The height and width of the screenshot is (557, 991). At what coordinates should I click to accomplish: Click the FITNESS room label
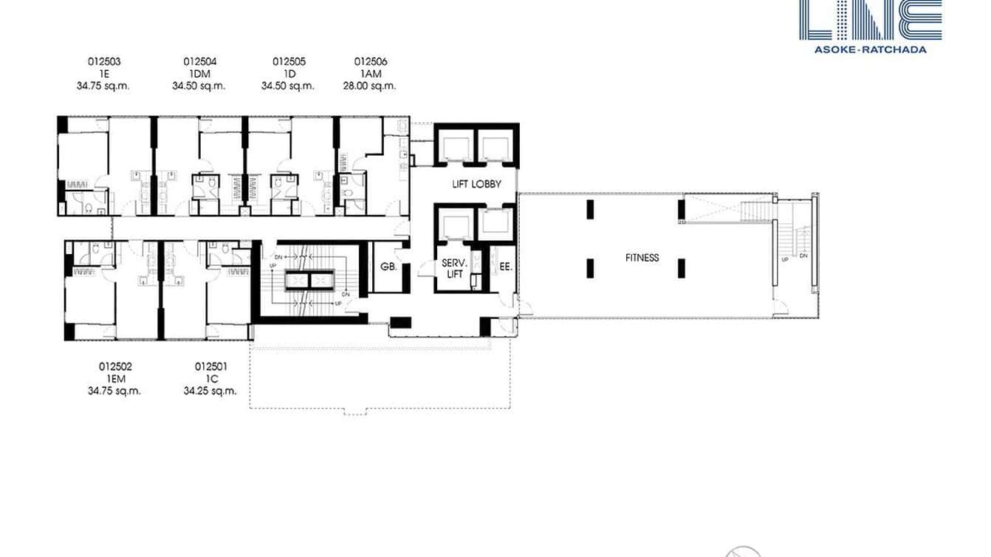pos(642,258)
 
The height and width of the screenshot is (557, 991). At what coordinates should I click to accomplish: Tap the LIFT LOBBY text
pos(476,184)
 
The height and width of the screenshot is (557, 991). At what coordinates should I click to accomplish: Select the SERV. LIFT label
pos(452,268)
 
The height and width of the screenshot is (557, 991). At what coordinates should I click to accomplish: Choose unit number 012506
pos(371,62)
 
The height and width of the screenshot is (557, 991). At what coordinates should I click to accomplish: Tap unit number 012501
pos(211,366)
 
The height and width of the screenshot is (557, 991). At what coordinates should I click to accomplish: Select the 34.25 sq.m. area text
pos(210,391)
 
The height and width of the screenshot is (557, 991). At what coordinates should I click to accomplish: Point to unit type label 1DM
pos(199,74)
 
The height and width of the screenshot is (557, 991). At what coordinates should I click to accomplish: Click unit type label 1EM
pos(115,378)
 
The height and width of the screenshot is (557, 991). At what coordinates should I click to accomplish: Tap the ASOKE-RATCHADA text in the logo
pos(870,49)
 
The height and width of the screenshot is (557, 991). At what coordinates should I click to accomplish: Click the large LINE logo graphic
pos(870,19)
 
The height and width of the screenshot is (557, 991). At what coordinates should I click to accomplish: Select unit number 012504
pos(199,62)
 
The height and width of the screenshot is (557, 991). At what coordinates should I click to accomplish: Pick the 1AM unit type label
pos(371,74)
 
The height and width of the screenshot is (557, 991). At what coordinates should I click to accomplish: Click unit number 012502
pos(115,366)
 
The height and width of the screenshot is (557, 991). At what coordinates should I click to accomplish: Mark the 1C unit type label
pos(211,378)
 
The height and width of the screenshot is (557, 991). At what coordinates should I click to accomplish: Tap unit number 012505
pos(289,62)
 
